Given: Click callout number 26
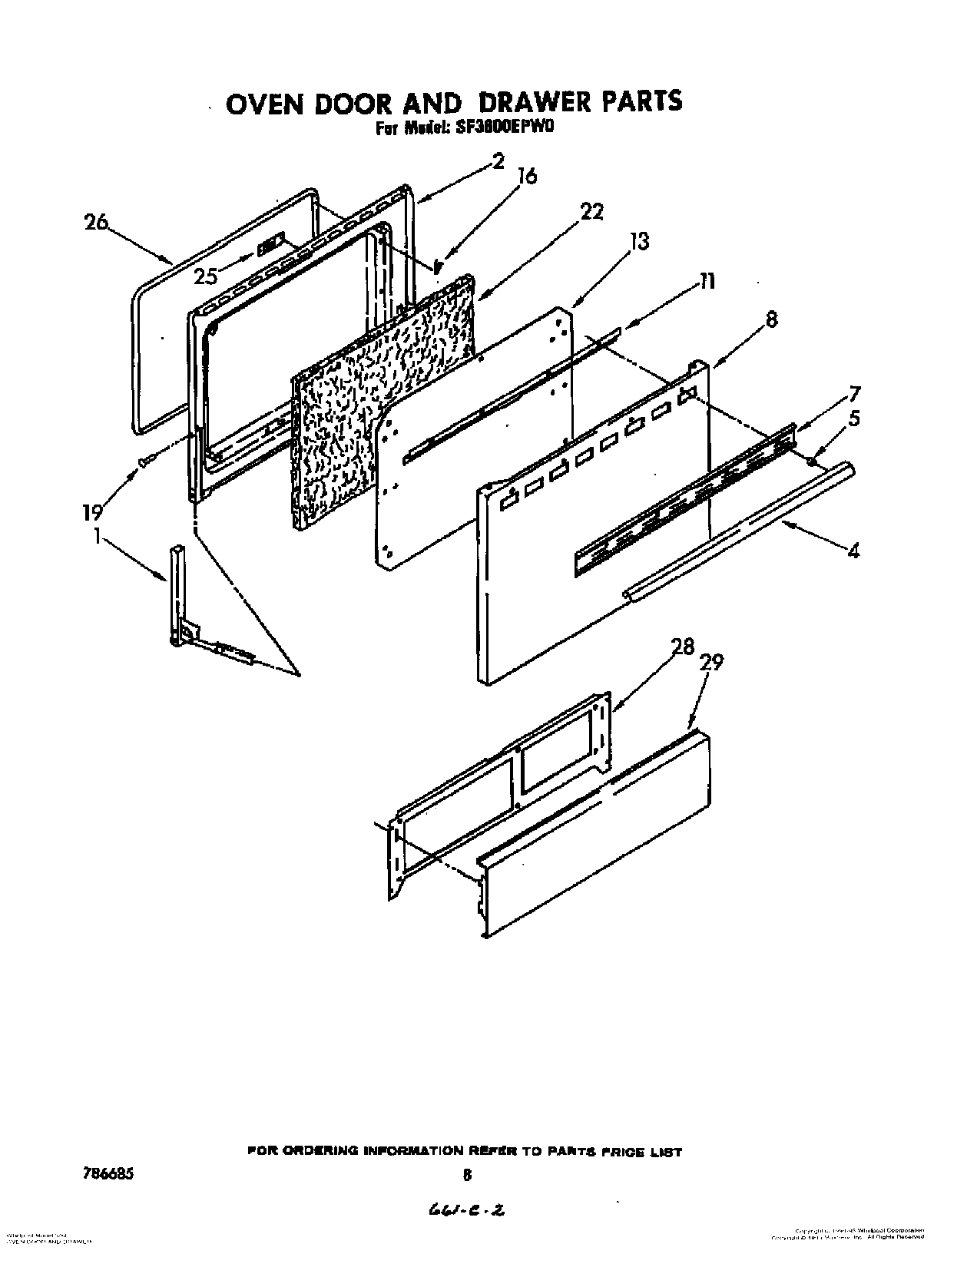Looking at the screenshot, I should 97,223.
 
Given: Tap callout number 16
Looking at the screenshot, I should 526,177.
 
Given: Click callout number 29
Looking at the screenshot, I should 711,663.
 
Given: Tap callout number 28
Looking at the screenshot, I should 682,647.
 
